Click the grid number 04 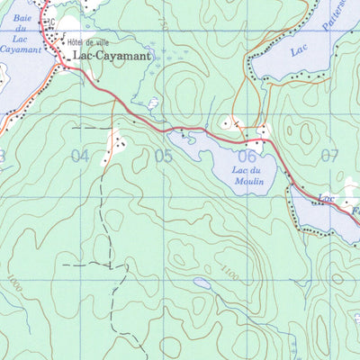click(80, 156)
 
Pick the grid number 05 click(163, 156)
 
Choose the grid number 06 click(248, 156)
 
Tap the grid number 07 click(329, 156)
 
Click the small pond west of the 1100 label click(203, 283)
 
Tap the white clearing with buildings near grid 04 click(114, 142)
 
